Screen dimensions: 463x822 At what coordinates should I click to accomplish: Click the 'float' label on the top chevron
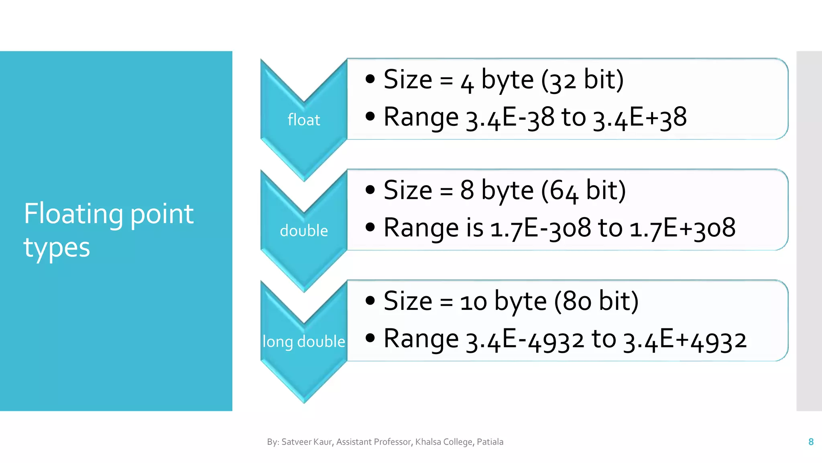click(x=304, y=120)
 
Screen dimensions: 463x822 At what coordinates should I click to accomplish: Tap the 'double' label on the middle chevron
click(x=304, y=231)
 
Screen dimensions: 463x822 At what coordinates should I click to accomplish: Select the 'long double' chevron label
click(x=304, y=342)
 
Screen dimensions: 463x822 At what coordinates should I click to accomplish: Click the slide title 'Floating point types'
click(x=108, y=230)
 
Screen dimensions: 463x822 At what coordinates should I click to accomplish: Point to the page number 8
click(x=811, y=442)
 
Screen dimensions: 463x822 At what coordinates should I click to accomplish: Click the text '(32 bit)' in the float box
click(x=582, y=80)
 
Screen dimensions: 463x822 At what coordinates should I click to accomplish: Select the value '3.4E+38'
click(x=640, y=118)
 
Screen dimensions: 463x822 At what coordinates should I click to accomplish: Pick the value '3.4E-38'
click(x=510, y=118)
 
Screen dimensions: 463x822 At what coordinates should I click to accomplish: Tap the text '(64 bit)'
click(x=584, y=191)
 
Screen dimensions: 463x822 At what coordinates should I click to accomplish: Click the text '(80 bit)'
click(x=596, y=301)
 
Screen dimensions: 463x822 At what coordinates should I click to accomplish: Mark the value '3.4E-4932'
click(x=525, y=339)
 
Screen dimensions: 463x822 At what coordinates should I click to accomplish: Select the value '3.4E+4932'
click(x=685, y=339)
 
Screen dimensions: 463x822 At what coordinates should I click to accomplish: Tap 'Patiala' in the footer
click(x=490, y=442)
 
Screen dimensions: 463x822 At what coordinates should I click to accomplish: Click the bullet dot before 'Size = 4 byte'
click(x=370, y=79)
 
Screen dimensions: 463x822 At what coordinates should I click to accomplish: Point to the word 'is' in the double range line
click(x=475, y=228)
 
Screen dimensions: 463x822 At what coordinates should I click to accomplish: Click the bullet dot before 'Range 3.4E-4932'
click(x=370, y=338)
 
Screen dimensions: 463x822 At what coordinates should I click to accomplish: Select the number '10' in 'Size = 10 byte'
click(x=473, y=302)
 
